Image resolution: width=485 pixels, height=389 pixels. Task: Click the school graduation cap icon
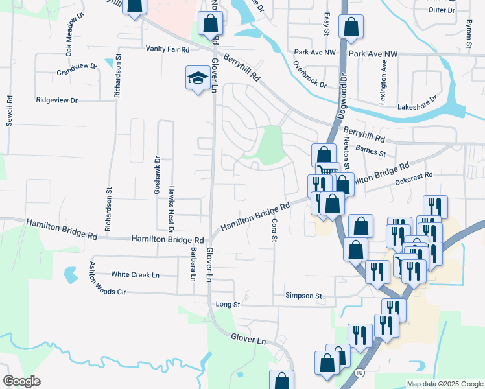click(x=197, y=78)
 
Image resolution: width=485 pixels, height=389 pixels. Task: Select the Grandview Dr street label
click(x=77, y=69)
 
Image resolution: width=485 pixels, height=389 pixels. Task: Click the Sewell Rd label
click(x=10, y=111)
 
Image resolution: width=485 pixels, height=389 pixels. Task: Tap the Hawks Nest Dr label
click(x=171, y=209)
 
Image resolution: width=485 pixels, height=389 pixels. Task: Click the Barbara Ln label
click(x=193, y=263)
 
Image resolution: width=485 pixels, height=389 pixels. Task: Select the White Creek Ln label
click(x=136, y=274)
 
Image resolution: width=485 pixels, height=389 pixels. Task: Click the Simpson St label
click(x=303, y=296)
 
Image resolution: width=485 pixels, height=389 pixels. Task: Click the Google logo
click(x=21, y=381)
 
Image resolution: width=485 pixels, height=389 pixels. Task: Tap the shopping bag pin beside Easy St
click(x=350, y=27)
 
